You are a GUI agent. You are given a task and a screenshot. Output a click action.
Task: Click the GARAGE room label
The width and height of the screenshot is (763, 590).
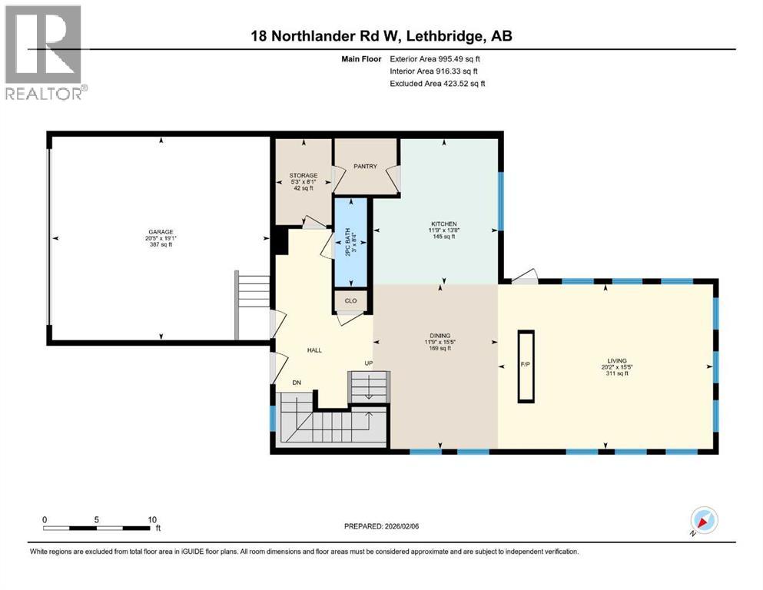161,231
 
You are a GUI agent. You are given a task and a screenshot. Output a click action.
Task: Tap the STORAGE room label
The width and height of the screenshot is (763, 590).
304,176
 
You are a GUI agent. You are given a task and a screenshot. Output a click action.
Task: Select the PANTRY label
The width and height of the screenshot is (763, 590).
365,166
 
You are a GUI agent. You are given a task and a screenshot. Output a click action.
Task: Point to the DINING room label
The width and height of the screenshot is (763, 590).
440,335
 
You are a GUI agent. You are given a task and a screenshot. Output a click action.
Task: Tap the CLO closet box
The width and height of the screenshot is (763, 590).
350,300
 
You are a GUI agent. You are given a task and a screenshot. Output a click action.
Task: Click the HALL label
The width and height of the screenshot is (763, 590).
314,350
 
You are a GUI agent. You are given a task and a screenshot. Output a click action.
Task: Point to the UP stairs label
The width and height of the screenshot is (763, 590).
369,363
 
